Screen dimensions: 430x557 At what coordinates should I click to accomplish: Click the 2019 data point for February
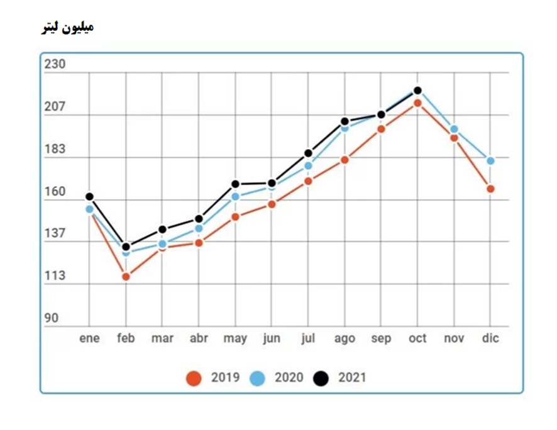(126, 277)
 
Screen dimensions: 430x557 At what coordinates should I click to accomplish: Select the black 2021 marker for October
(417, 91)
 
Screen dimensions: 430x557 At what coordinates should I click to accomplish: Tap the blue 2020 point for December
(490, 161)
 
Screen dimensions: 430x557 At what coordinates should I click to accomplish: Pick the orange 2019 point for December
(490, 189)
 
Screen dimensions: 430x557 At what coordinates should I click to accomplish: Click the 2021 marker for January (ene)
(89, 197)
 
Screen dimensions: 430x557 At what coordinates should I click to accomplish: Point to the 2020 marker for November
(454, 130)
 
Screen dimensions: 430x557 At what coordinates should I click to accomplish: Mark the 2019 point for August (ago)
(345, 160)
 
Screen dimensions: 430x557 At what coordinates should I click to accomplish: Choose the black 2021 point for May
(235, 184)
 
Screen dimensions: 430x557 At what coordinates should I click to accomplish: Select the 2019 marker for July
(308, 181)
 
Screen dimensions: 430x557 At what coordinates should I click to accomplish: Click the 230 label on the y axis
(55, 64)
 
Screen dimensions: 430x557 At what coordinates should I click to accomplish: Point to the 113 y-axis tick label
(55, 275)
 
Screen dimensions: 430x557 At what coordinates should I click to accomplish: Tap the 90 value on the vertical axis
(51, 318)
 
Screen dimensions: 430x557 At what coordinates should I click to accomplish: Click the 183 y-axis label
(55, 149)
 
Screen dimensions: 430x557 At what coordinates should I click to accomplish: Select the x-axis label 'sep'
(381, 338)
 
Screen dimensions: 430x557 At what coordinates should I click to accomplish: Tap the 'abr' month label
(199, 338)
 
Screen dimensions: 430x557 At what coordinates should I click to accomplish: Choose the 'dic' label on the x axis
(490, 338)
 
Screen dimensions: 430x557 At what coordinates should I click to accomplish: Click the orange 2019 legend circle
(194, 378)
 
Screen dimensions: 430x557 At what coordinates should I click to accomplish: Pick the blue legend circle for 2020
(258, 378)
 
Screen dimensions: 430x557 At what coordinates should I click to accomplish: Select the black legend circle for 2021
(322, 378)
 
